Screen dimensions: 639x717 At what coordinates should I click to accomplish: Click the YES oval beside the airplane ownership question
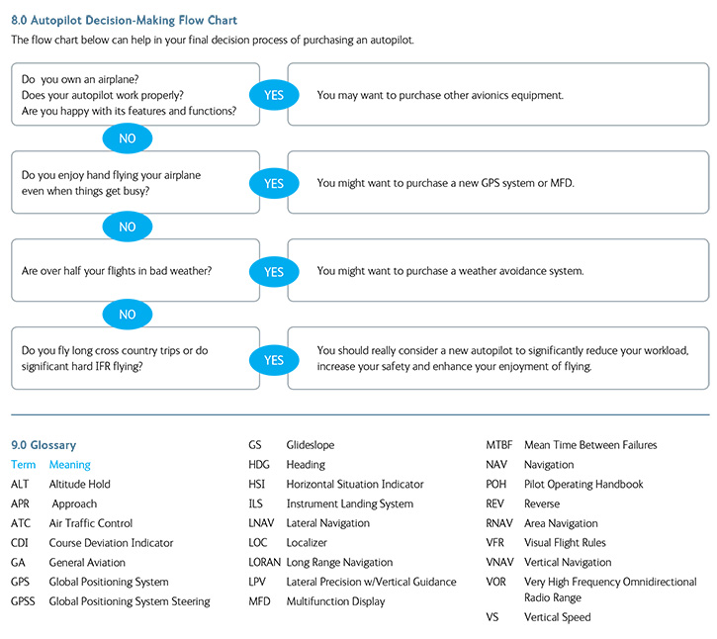[x=274, y=95]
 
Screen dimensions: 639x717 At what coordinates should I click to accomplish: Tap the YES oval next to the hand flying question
[x=274, y=183]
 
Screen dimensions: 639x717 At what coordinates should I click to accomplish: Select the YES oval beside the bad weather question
[x=274, y=271]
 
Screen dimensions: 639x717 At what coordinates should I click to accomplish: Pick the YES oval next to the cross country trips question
[x=274, y=360]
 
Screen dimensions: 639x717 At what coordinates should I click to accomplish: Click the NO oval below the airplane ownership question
[x=128, y=138]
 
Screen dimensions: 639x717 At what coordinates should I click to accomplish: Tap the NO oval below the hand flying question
[x=128, y=227]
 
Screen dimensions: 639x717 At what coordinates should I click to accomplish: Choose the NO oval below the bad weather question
[x=128, y=315]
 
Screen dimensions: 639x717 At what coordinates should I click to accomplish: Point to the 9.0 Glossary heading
[x=44, y=445]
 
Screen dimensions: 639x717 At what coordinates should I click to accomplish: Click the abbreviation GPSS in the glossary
[x=24, y=601]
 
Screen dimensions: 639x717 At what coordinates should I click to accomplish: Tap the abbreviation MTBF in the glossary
[x=499, y=445]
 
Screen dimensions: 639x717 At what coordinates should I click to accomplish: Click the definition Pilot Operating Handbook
[x=583, y=485]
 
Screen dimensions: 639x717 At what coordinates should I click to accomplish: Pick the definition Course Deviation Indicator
[x=111, y=543]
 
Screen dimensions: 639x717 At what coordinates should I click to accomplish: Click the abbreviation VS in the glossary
[x=493, y=617]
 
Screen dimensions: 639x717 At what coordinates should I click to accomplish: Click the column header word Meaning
[x=70, y=465]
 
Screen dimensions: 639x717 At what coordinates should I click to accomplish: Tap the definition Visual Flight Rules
[x=566, y=543]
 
